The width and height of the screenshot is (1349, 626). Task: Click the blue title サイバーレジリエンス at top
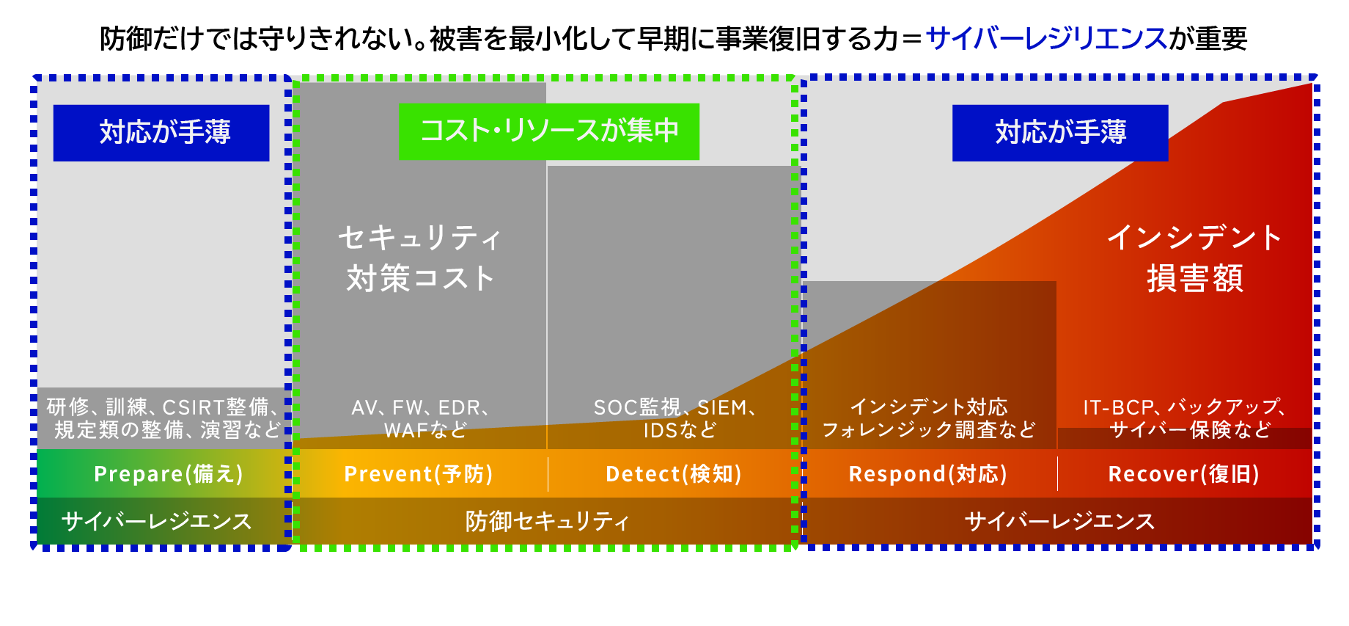click(1045, 38)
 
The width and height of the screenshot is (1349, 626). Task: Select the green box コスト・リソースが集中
click(548, 131)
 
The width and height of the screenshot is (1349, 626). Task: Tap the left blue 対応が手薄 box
click(161, 133)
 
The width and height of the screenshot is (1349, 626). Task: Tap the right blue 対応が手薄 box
click(1059, 133)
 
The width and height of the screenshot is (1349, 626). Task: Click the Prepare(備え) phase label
click(168, 474)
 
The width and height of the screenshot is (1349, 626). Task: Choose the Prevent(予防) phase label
click(419, 474)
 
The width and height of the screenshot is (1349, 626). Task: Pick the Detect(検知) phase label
click(673, 474)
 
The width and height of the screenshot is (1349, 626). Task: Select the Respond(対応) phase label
click(927, 474)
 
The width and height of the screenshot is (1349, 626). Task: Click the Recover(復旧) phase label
click(1183, 474)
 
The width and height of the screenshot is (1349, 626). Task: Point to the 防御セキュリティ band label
click(547, 521)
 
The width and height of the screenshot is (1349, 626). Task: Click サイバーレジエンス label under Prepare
click(157, 521)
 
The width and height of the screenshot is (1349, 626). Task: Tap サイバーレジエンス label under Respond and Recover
click(1059, 521)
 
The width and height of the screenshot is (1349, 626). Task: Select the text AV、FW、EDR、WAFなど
click(422, 418)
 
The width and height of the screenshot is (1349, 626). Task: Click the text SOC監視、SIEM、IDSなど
click(675, 418)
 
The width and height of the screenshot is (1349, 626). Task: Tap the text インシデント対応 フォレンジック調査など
click(928, 418)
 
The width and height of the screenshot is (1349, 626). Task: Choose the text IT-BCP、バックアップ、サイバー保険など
click(1184, 418)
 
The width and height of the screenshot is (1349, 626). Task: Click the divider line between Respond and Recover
click(1057, 474)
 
